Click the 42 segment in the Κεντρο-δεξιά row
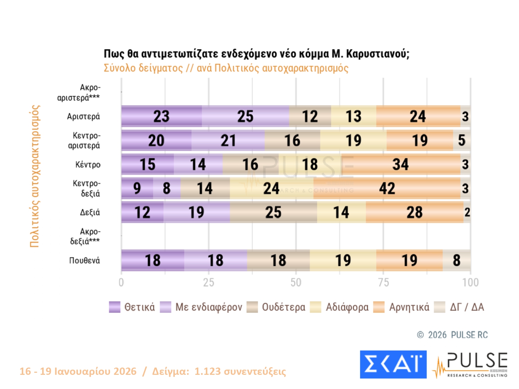pos(386,188)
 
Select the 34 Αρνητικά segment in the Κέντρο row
pos(400,164)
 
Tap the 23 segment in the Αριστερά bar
pos(161,117)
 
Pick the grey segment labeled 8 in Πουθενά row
pos(456,260)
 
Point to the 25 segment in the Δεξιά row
pos(273,212)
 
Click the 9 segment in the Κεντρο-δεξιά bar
pos(137,188)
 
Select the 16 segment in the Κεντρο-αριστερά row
pos(292,140)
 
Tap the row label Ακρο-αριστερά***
pos(79,92)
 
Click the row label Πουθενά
pos(84,260)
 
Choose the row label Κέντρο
pos(88,165)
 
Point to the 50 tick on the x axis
pos(296,283)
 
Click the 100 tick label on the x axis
pos(470,283)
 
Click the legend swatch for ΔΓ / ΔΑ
pos(439,307)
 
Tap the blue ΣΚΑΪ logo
pos(393,364)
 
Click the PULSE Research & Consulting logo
pos(471,365)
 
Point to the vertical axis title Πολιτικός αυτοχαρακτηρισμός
pos(35,176)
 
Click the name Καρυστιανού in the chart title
pos(377,54)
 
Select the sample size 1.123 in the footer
pos(207,371)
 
